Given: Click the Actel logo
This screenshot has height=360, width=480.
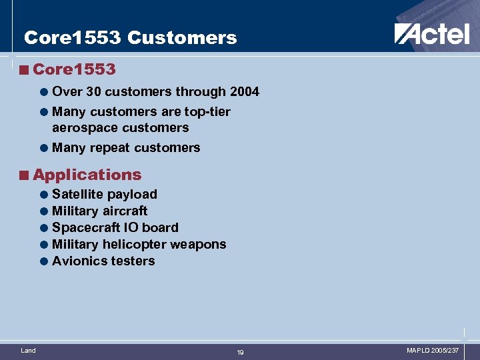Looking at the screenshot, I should coord(431,33).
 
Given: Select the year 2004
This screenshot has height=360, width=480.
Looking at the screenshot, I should coord(244,91).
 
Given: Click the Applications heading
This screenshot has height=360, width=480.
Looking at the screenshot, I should coord(87,175).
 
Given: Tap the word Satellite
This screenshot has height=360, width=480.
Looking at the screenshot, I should coord(77,194).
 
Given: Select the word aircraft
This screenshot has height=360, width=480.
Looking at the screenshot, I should coord(125,211).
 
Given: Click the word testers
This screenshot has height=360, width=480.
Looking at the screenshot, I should coord(133,261).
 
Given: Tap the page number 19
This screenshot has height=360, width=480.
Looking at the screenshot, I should coord(240,352).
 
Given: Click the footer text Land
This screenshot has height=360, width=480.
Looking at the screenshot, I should coord(28,350).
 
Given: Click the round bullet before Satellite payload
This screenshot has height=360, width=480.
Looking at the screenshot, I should coord(43,195).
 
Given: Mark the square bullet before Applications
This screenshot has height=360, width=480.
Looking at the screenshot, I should coord(24,175).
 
